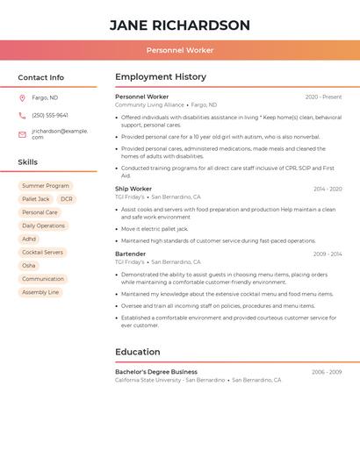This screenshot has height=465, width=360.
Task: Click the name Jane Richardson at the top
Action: (x=179, y=25)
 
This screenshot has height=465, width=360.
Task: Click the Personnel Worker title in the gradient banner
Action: (x=179, y=51)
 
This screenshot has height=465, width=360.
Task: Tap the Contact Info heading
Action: (x=40, y=77)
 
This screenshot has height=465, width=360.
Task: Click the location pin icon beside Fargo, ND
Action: (x=22, y=98)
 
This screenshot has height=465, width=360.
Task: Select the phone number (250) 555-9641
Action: (x=50, y=116)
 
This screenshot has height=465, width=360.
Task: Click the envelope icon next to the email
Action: (x=22, y=134)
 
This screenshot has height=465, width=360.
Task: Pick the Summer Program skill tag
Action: (x=46, y=186)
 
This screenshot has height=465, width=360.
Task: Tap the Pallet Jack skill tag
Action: (x=36, y=199)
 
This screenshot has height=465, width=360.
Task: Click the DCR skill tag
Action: (x=67, y=199)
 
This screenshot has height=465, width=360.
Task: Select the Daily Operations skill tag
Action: (x=43, y=225)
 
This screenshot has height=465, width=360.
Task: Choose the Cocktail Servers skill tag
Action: (x=42, y=253)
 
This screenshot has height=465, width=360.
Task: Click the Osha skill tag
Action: (x=29, y=266)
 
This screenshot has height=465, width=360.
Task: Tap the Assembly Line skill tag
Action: (x=40, y=292)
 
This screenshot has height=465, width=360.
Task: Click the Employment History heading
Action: (x=161, y=77)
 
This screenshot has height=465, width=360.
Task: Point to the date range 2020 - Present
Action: (x=323, y=97)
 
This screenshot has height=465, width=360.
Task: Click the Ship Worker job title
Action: (x=133, y=189)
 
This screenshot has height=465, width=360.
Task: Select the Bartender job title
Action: (x=131, y=254)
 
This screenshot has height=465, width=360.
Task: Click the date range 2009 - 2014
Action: (x=328, y=254)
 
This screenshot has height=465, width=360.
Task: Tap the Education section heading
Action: (x=138, y=352)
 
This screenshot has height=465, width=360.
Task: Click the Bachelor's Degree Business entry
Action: (x=156, y=372)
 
